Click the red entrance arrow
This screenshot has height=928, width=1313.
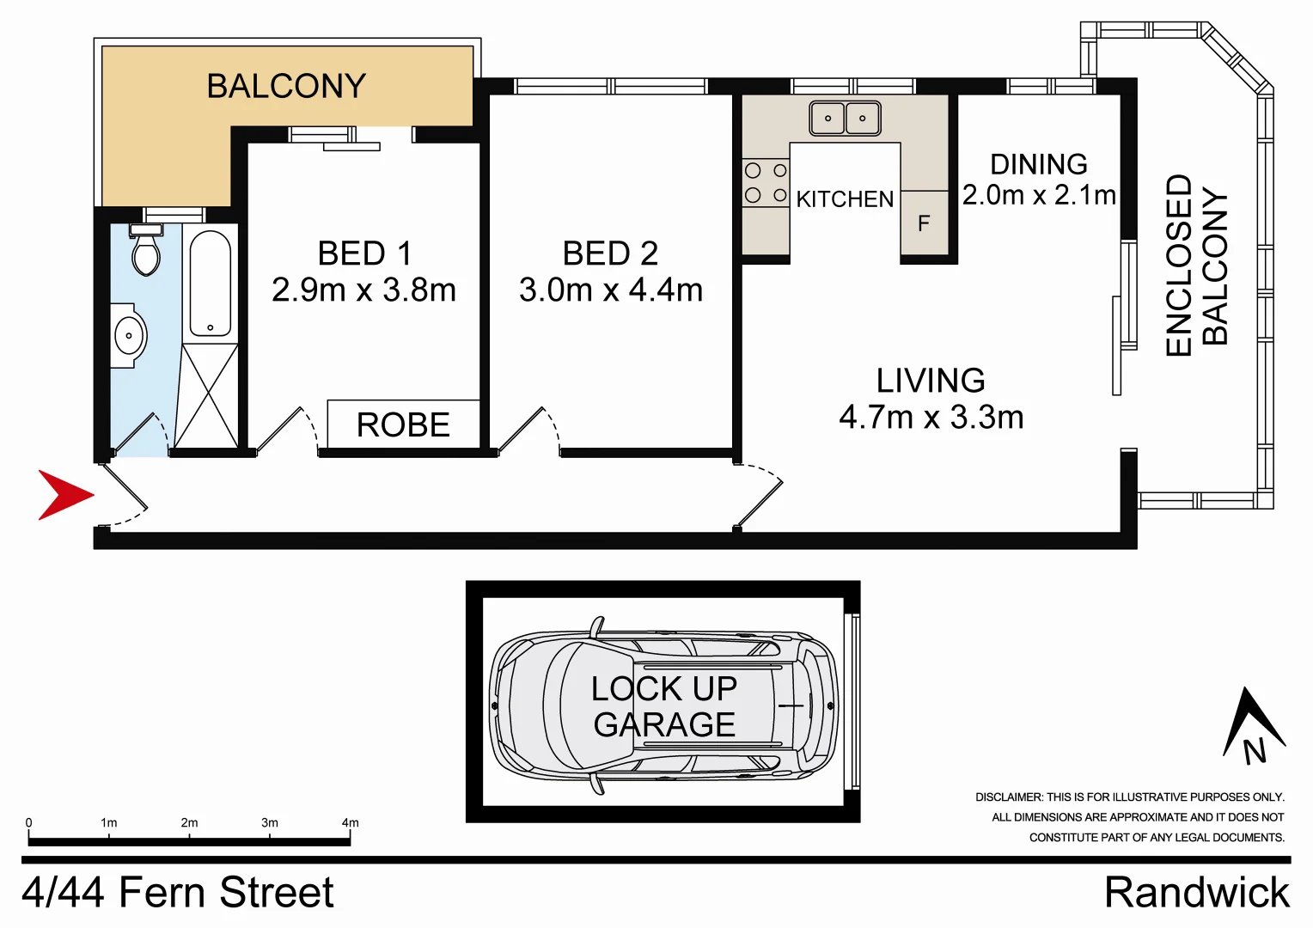[x=62, y=495]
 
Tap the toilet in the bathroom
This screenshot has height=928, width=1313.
[x=146, y=252]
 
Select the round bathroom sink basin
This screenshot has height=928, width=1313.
[x=129, y=335]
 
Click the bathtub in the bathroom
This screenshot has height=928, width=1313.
[x=210, y=282]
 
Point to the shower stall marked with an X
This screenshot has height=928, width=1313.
[x=207, y=396]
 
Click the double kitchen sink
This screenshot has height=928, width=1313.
[x=845, y=118]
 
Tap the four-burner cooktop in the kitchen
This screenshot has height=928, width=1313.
[x=766, y=183]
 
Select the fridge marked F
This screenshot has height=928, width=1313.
[x=925, y=223]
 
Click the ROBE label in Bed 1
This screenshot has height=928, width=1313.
[x=403, y=424]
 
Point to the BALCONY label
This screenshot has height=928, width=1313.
[x=286, y=86]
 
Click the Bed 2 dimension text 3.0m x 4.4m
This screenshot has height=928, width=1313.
[x=610, y=290]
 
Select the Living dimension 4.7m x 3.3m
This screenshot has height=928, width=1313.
[x=931, y=418]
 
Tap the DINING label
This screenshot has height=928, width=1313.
[x=1038, y=164]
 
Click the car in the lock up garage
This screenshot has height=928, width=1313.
[x=663, y=705]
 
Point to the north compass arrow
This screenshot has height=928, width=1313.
[x=1253, y=726]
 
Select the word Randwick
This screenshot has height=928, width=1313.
[x=1196, y=892]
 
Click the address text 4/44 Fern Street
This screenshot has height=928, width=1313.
[x=177, y=892]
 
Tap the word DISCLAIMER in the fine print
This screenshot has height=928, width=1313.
[x=1008, y=797]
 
